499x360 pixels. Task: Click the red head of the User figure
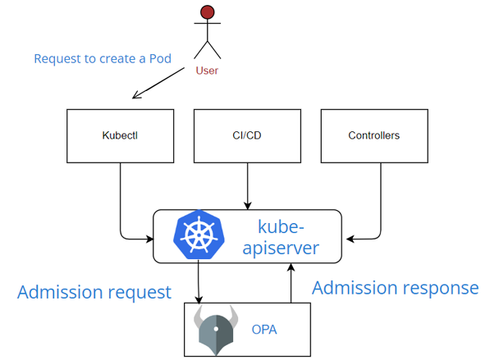[x=208, y=12]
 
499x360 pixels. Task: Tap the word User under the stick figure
[x=207, y=71]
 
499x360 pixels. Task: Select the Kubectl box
[x=121, y=135]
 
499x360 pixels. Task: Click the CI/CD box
[x=247, y=135]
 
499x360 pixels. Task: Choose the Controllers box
[x=373, y=135]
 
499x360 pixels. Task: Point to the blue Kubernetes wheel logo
[x=198, y=235]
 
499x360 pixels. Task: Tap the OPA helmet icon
[x=216, y=330]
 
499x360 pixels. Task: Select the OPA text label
[x=263, y=330]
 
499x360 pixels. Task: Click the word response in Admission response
[x=440, y=288]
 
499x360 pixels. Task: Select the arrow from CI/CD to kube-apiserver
[x=247, y=185]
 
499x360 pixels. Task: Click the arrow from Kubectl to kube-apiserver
[x=121, y=205]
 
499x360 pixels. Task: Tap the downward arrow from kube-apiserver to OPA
[x=199, y=283]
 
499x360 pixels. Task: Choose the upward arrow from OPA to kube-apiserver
[x=289, y=283]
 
